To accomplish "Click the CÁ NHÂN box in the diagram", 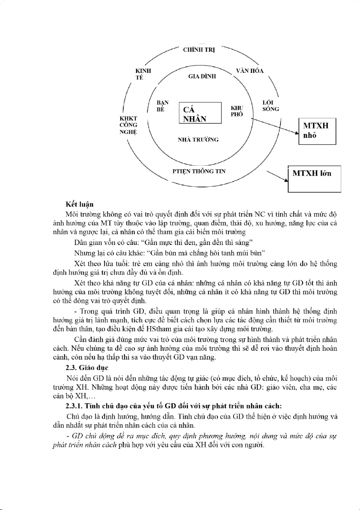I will (199, 113).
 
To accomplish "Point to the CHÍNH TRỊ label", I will (199, 50).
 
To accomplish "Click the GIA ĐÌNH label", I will (202, 77).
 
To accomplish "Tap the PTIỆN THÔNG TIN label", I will (197, 172).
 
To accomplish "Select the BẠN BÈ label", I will (162, 106).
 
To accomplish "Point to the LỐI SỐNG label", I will (271, 106).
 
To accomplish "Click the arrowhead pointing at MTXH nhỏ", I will (296, 134).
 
